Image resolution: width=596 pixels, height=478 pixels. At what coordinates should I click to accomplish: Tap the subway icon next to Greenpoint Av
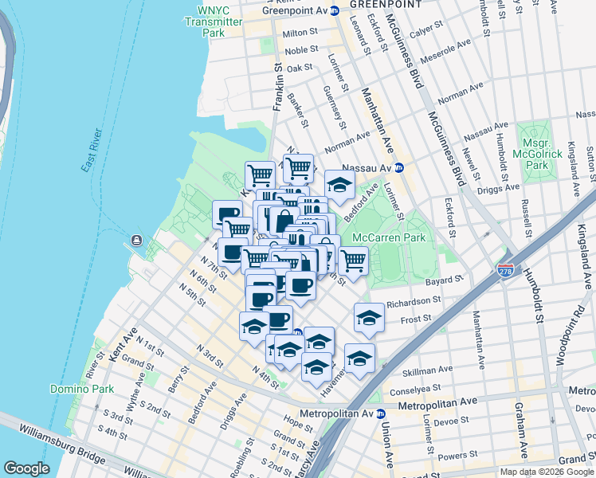[335, 11]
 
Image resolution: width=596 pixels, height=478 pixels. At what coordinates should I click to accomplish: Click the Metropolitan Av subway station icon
[381, 413]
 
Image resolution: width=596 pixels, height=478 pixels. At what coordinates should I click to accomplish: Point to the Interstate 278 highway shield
[505, 272]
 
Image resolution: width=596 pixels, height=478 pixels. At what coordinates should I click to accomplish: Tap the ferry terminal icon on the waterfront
[137, 241]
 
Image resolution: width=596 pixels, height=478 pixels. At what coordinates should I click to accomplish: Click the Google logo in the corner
[25, 468]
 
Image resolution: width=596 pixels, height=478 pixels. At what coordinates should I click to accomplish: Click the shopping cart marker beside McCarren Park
[353, 260]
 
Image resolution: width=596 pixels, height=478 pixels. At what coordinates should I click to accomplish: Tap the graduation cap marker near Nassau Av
[339, 186]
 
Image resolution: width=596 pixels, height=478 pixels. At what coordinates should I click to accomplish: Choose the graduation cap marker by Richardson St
[369, 316]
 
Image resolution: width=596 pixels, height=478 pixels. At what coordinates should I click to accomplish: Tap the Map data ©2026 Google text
[546, 472]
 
